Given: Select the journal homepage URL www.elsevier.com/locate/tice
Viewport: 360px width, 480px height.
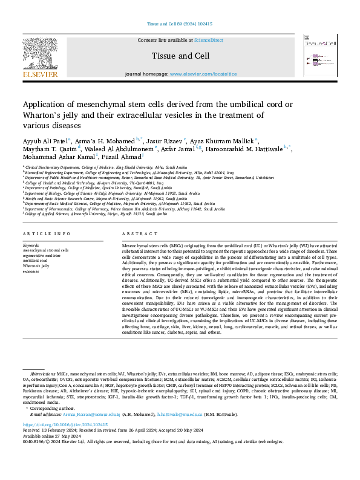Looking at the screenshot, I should (x=203, y=74).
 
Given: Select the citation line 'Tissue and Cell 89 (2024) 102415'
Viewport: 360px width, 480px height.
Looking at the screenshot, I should (x=180, y=24).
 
